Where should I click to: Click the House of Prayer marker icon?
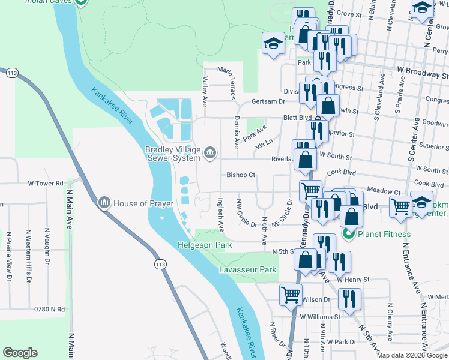point(104,203)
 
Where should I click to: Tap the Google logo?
point(20,353)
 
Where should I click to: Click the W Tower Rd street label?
point(46,183)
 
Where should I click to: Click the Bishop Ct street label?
point(241,175)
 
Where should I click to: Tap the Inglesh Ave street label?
point(221,215)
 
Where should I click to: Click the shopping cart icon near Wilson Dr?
point(291,295)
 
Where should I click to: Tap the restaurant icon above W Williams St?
point(349,298)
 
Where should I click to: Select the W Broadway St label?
point(424,76)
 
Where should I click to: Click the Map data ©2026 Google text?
point(412,355)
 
